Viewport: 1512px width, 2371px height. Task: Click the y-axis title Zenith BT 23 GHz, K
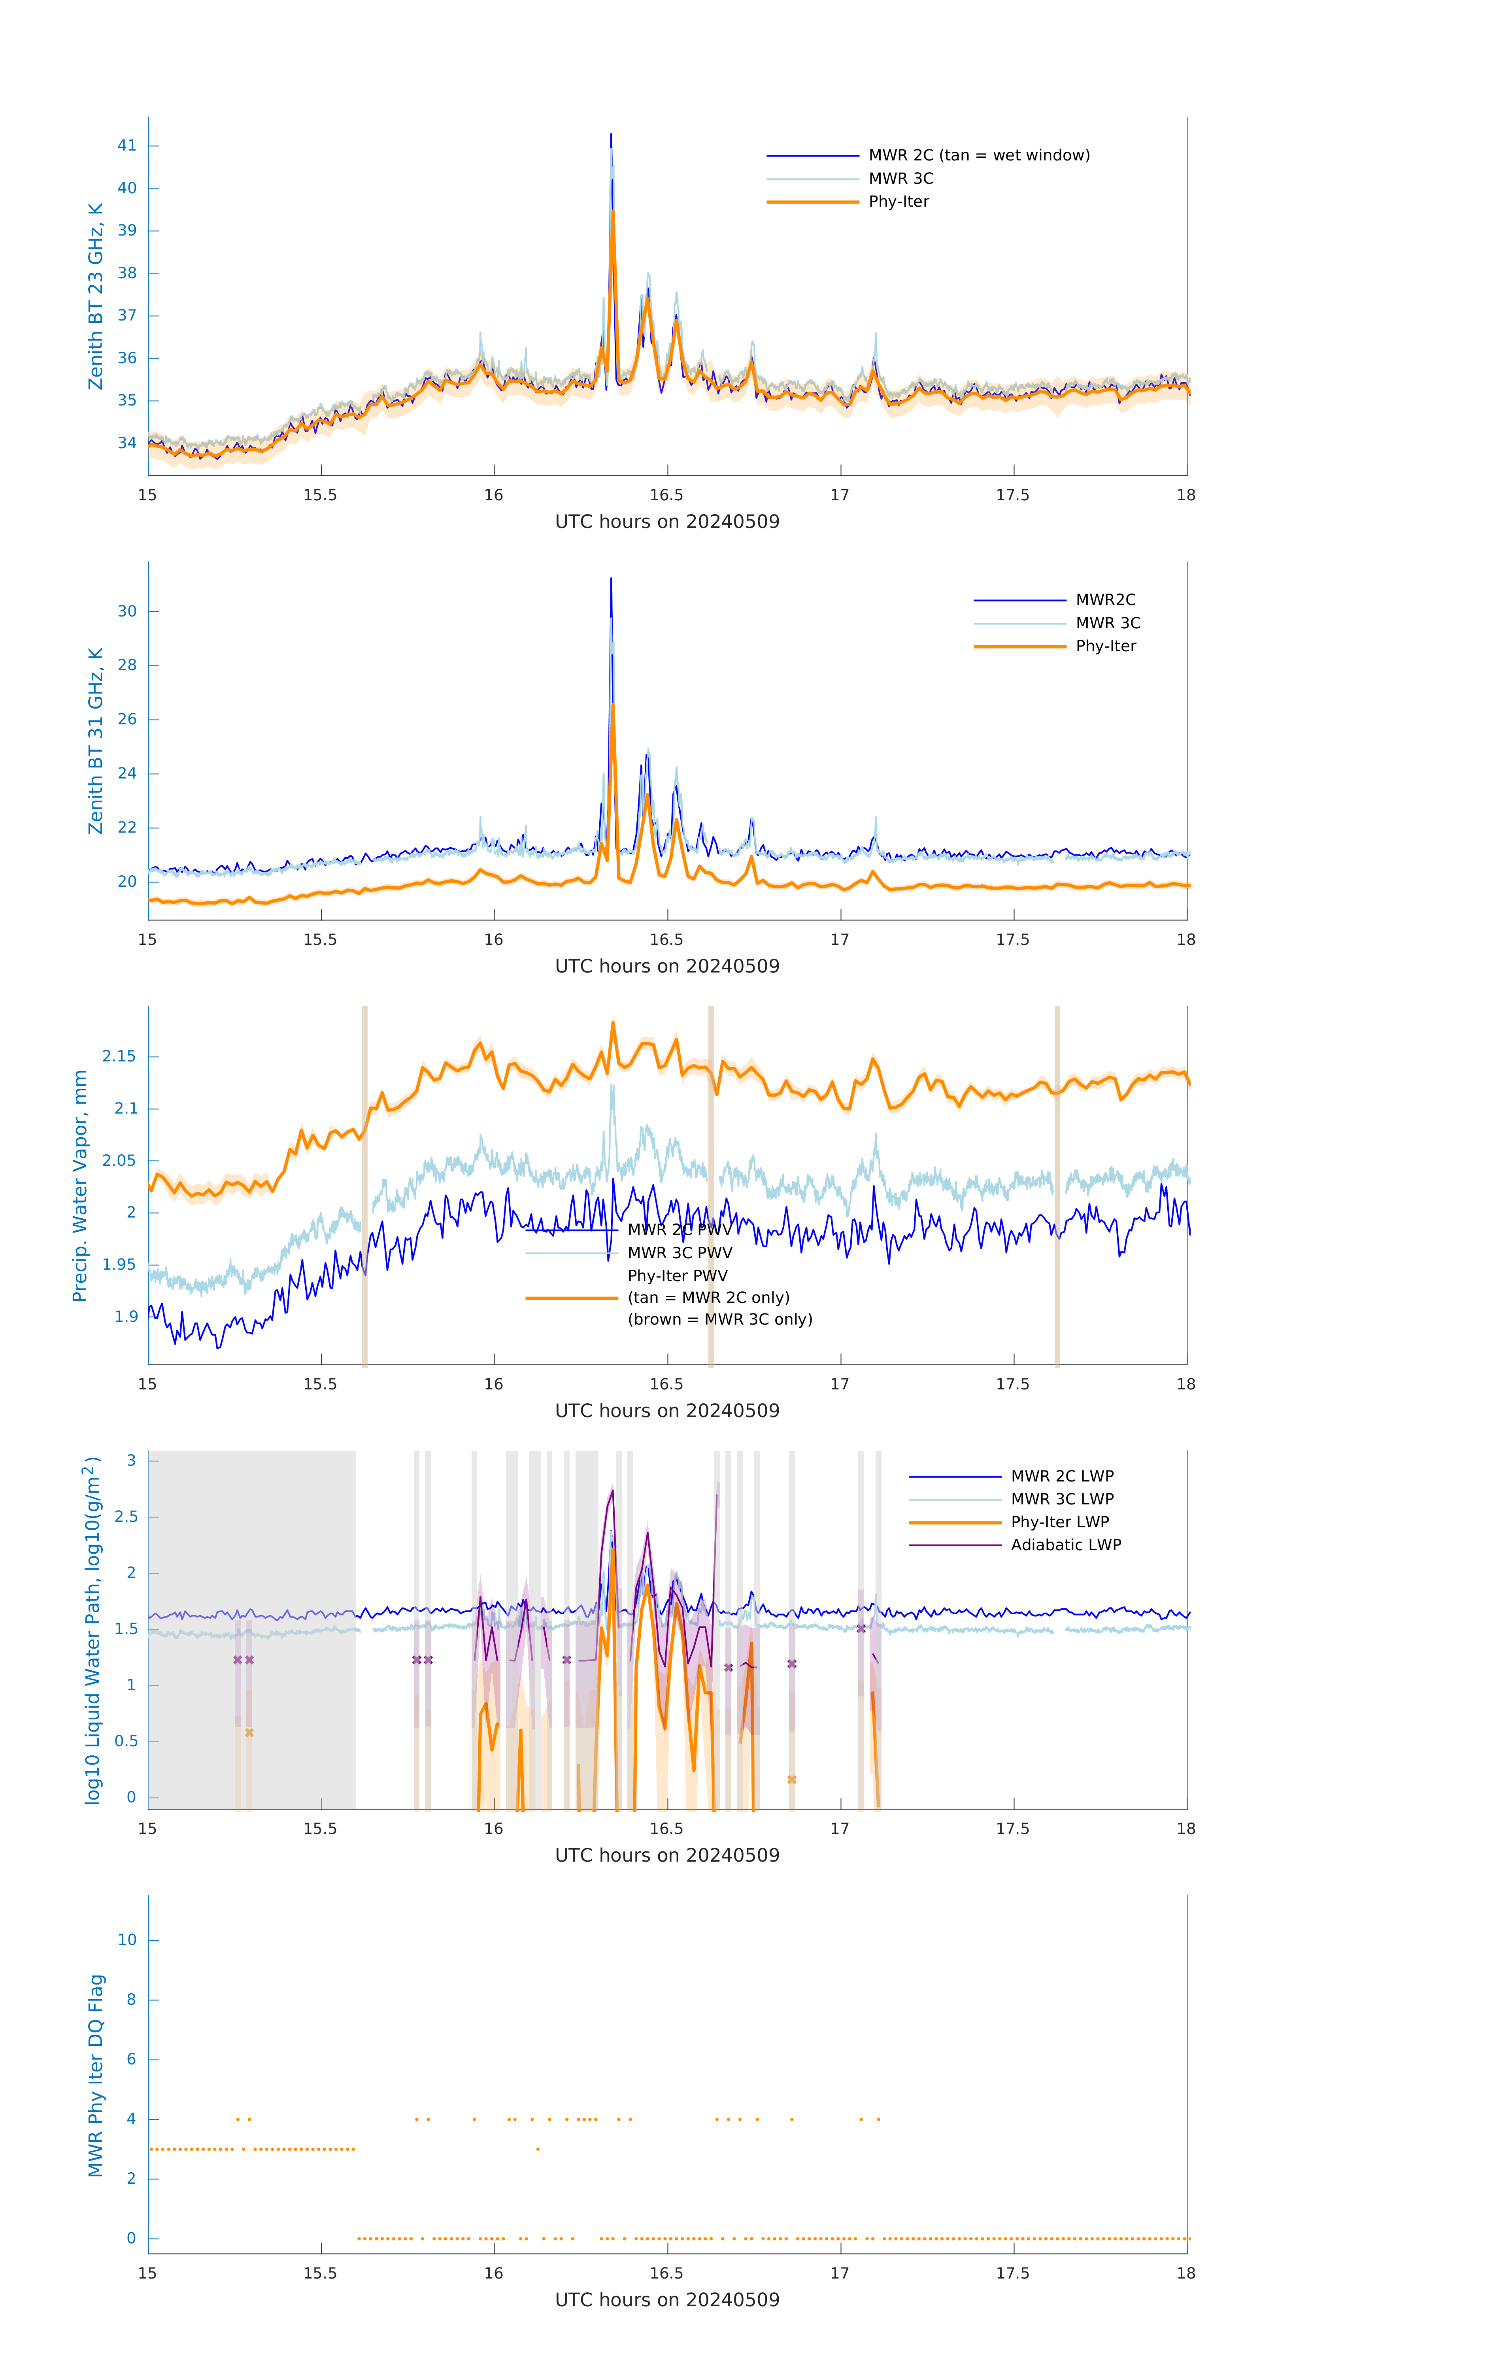tap(96, 296)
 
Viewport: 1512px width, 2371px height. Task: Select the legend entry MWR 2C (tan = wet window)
tap(978, 156)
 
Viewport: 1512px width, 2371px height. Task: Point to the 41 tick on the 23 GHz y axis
tap(127, 146)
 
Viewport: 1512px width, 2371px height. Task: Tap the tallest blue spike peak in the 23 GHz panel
tap(611, 135)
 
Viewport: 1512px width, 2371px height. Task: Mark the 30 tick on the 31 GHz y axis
tap(127, 611)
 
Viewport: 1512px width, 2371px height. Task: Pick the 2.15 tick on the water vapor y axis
tap(119, 1057)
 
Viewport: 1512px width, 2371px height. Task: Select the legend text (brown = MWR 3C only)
tap(720, 1319)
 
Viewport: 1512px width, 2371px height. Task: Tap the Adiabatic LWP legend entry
tap(1065, 1545)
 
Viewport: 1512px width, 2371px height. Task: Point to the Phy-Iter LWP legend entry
tap(1059, 1522)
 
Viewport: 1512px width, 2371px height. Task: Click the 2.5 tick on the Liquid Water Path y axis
tap(126, 1516)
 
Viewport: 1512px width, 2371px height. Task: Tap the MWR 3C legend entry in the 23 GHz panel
tap(900, 178)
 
